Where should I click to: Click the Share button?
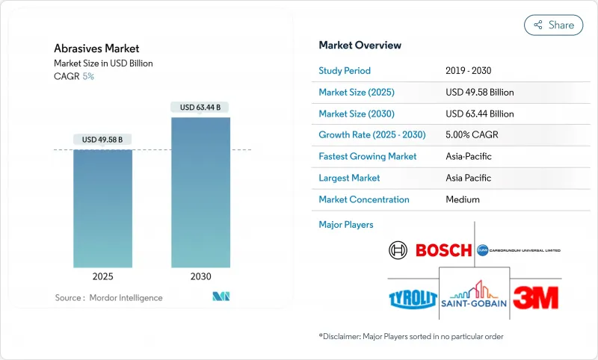tap(553, 25)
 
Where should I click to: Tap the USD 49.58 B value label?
tap(102, 140)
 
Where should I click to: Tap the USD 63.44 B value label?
tap(200, 107)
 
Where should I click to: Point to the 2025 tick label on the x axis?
tap(102, 276)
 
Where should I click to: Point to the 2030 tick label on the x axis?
tap(200, 276)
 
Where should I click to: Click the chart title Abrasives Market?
tap(86, 49)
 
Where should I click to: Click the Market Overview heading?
tap(360, 45)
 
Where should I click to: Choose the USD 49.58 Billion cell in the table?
tap(479, 92)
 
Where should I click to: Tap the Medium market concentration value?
tap(463, 199)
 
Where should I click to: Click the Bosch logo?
tap(430, 250)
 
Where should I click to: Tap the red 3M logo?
tap(535, 297)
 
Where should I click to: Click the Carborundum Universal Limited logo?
tap(518, 250)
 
